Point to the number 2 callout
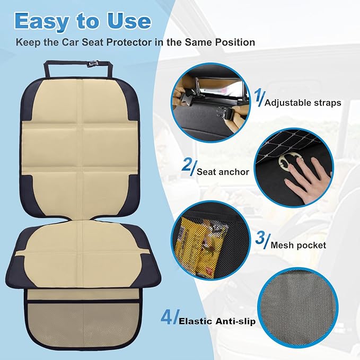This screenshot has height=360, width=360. point(186,166)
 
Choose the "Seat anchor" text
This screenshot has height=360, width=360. point(217,172)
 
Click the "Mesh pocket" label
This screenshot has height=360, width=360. point(298,245)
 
